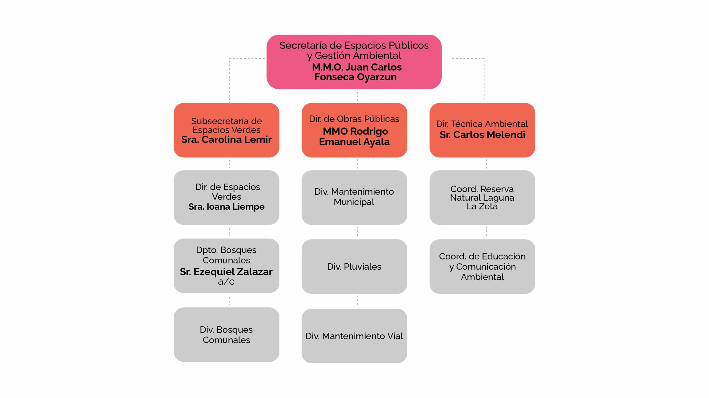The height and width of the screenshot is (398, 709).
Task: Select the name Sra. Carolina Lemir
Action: tap(226, 140)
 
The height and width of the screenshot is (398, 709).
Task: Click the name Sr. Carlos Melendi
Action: tap(482, 135)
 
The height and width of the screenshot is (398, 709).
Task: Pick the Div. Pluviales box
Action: tap(354, 266)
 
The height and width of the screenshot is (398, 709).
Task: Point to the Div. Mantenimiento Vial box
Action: tap(354, 336)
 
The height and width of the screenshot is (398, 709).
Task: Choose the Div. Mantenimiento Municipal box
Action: tap(354, 197)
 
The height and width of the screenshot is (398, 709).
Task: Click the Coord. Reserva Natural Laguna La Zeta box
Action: tap(482, 197)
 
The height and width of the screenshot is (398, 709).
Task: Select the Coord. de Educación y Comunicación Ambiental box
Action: tap(482, 266)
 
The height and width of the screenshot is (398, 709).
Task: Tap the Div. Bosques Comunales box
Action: tap(226, 335)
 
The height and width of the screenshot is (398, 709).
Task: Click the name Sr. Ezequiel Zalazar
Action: tap(226, 272)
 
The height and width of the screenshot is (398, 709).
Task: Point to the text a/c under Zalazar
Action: tap(226, 282)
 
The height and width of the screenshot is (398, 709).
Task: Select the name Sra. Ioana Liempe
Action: tap(226, 207)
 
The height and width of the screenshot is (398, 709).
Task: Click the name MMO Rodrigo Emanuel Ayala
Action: tap(354, 137)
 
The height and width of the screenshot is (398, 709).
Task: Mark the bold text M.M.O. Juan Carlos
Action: tap(357, 67)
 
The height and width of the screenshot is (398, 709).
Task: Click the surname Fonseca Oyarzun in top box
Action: tap(355, 77)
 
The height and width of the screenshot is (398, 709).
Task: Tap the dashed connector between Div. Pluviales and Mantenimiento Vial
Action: tap(357, 301)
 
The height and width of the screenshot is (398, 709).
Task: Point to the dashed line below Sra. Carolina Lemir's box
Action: tap(229, 164)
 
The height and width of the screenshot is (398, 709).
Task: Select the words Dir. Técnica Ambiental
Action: tap(482, 124)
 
